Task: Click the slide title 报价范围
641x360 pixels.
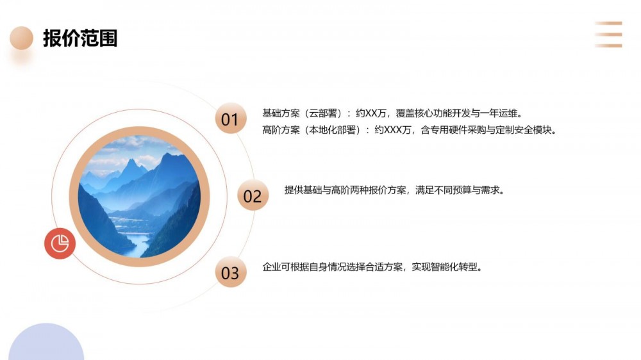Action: point(80,38)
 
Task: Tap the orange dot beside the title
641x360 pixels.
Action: point(21,38)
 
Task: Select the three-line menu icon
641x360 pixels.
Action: point(608,35)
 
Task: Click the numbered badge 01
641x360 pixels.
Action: point(231,119)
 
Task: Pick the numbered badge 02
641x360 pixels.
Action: point(253,195)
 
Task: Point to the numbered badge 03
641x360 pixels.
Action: point(231,272)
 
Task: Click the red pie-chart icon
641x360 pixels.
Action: point(60,243)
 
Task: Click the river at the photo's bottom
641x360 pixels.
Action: point(137,243)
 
